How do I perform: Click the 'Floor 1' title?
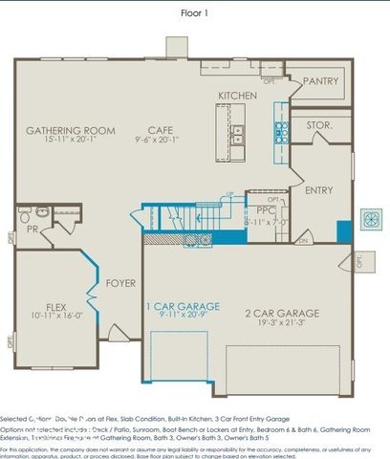pos(195,13)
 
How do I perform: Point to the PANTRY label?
pos(320,82)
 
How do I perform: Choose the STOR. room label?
pos(319,125)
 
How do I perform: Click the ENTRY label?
pos(318,190)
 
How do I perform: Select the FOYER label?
pos(120,283)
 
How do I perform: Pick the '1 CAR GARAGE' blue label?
pos(182,306)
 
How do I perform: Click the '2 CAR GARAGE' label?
pos(282,313)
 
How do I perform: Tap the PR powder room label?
pos(32,230)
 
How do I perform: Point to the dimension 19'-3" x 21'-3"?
pos(282,323)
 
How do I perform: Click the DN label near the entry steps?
pos(302,241)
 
